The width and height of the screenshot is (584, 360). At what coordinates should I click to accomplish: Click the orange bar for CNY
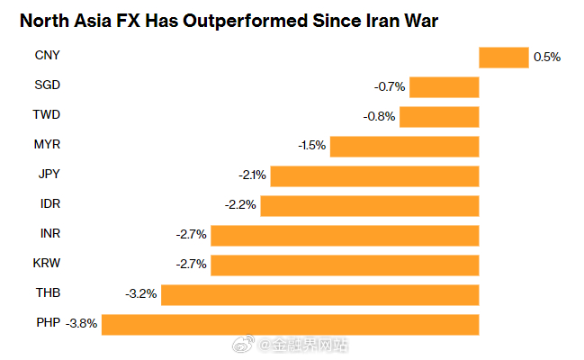click(503, 57)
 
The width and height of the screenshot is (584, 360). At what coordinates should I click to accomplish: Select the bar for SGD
click(445, 87)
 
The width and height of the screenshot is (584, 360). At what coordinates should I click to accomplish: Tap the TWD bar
click(439, 116)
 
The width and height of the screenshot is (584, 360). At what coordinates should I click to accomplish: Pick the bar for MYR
click(405, 146)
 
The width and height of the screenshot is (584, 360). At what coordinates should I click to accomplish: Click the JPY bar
click(374, 175)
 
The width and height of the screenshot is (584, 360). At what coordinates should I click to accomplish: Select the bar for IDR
click(371, 205)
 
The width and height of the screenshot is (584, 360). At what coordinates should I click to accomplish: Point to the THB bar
click(319, 293)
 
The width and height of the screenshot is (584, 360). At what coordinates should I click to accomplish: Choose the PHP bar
click(290, 323)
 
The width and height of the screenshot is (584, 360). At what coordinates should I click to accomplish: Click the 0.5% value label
click(547, 57)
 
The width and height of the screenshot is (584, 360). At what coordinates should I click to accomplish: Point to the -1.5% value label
click(311, 146)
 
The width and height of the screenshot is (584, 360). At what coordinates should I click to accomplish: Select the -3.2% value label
click(141, 293)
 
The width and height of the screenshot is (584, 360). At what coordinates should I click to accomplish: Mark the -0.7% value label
click(390, 87)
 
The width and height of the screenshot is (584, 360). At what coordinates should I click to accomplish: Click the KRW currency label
click(47, 264)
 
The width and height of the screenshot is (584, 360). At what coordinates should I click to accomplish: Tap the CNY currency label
click(47, 57)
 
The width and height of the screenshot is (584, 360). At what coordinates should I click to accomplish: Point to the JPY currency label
click(49, 175)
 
